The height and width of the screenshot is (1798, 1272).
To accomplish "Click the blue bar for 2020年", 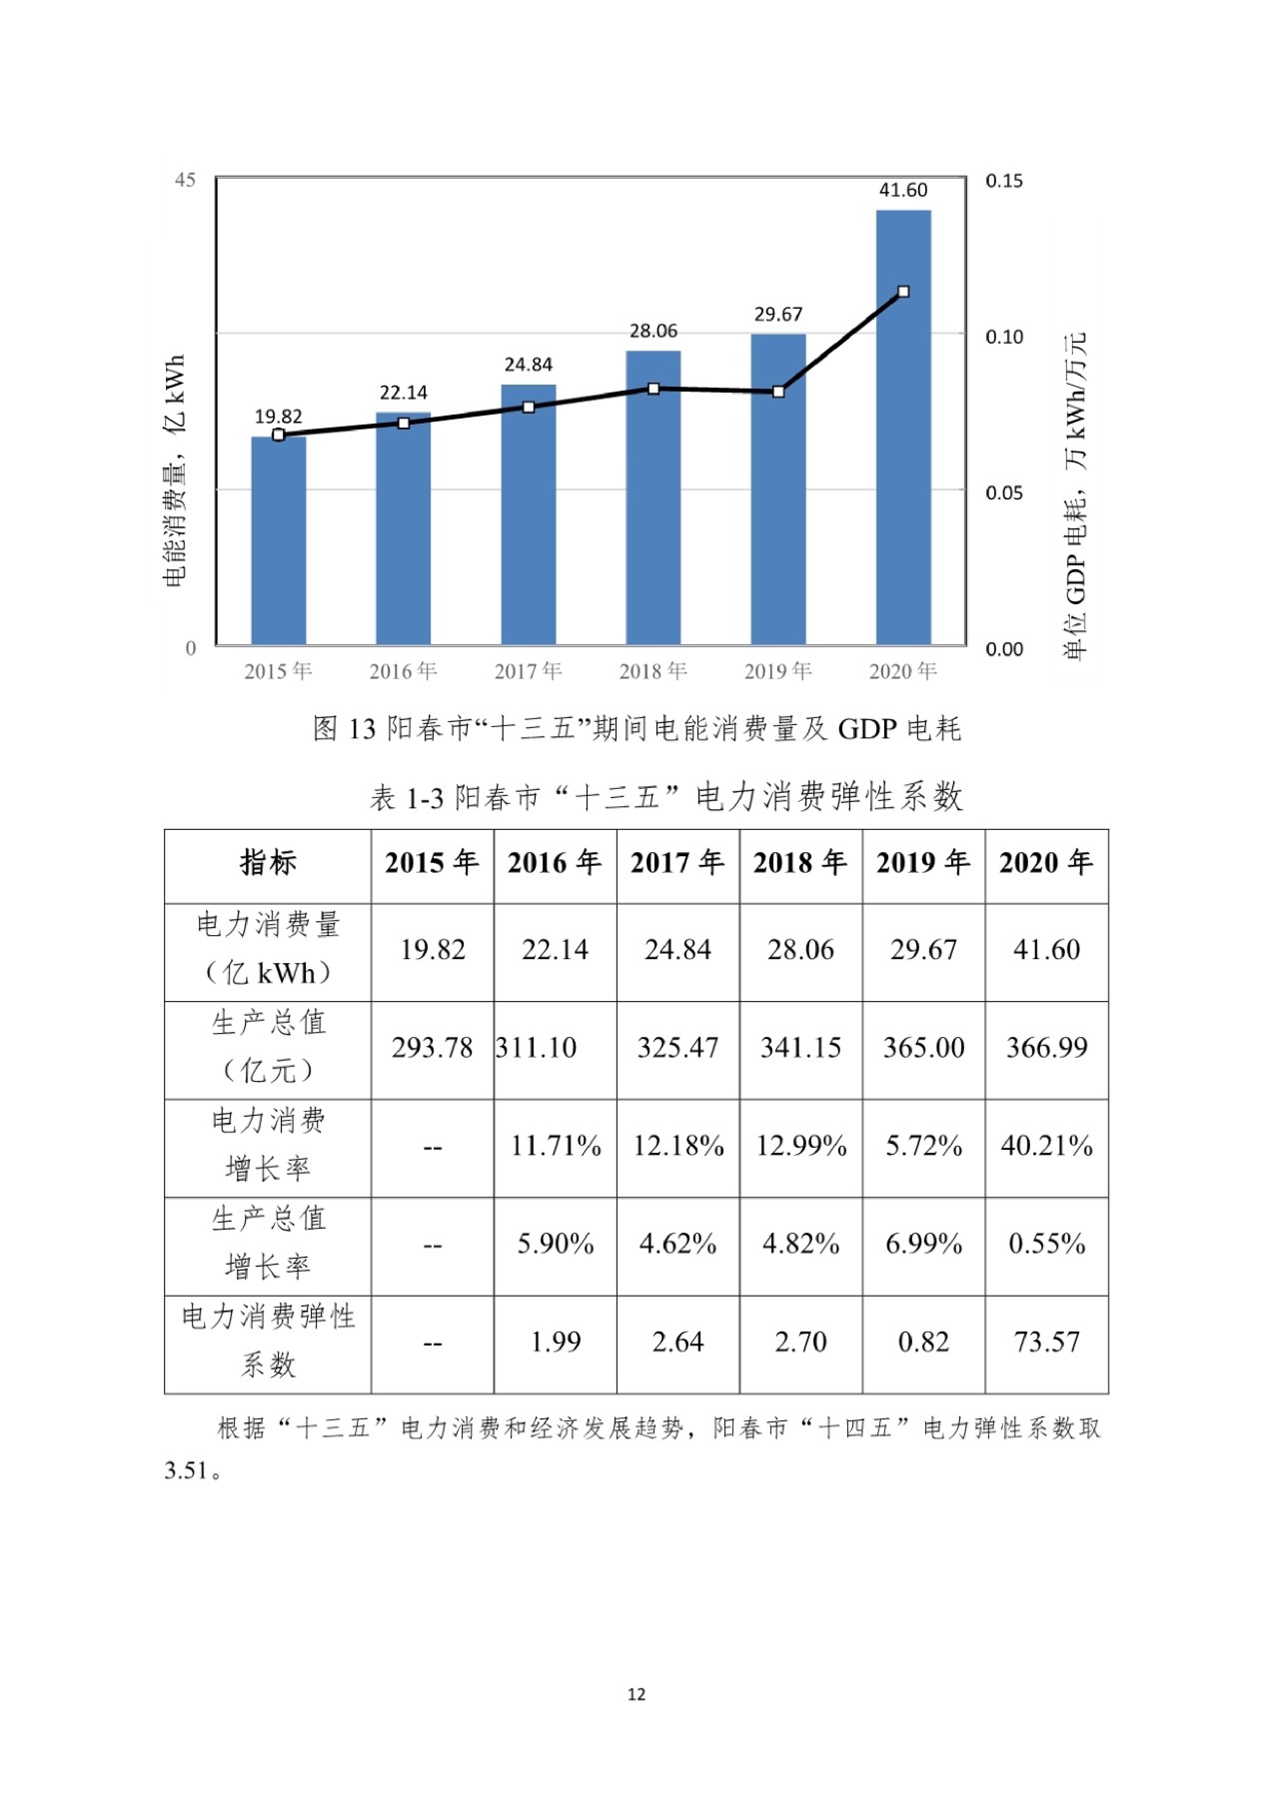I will click(x=903, y=430).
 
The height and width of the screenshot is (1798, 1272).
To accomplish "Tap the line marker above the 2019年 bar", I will click(x=778, y=392).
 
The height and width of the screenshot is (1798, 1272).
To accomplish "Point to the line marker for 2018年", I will click(x=653, y=389).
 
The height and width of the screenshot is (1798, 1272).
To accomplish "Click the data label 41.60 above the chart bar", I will click(x=903, y=190).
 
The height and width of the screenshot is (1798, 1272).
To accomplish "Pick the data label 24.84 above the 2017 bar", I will click(x=528, y=365).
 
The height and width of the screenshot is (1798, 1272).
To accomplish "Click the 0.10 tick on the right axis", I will click(x=1004, y=337).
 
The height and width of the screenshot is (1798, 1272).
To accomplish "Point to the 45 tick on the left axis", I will click(x=185, y=180).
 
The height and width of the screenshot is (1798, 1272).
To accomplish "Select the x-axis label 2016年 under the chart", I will click(x=403, y=671).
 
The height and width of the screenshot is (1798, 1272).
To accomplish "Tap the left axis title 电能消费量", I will click(x=175, y=470).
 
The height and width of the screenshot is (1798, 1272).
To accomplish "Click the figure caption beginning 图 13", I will click(x=636, y=728).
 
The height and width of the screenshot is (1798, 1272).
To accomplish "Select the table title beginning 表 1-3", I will click(x=665, y=797).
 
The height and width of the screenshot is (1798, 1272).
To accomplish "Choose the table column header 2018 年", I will click(x=800, y=863).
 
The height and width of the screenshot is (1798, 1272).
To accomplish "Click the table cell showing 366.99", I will click(x=1046, y=1048).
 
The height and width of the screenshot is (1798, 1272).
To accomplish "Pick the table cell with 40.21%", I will click(x=1046, y=1146).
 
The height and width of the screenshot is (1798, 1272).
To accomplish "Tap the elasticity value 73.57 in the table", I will click(x=1046, y=1343).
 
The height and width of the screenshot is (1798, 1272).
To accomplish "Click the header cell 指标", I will click(x=268, y=863).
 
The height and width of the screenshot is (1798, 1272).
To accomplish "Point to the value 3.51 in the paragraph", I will click(x=187, y=1471).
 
